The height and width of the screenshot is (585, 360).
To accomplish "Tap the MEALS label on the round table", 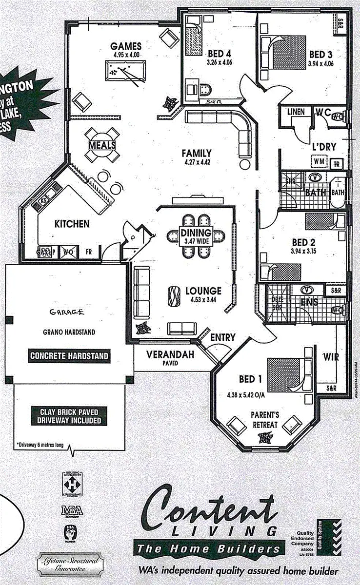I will (102, 145).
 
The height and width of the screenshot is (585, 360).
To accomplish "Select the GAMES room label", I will (126, 46).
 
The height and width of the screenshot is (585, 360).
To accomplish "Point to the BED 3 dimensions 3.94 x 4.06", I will (320, 63).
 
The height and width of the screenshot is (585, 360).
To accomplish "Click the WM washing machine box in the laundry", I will (320, 161).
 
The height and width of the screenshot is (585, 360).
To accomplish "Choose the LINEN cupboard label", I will (296, 112).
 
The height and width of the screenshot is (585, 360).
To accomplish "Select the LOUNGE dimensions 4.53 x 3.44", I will (203, 300).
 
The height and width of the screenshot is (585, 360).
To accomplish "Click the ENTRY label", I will (223, 337).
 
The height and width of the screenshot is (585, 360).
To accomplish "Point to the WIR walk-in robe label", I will (331, 357).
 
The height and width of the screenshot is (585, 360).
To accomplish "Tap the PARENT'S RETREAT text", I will (265, 420).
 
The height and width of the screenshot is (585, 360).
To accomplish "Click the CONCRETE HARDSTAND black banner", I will (69, 356).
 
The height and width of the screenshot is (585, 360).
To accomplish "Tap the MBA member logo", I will (72, 511).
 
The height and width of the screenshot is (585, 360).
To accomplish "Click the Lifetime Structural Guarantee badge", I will (68, 565).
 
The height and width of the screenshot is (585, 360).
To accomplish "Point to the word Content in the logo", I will (210, 509).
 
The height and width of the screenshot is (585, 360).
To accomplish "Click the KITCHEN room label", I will (72, 224).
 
